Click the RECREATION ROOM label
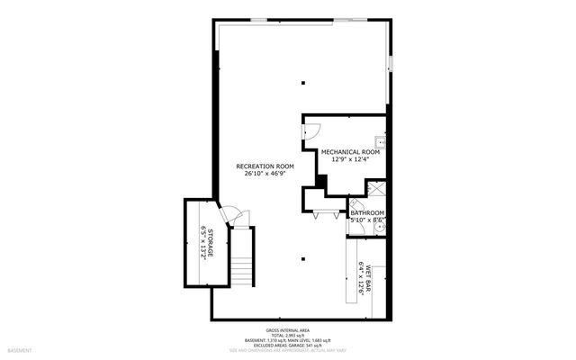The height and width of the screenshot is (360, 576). point(265,166)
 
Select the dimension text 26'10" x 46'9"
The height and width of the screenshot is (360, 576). point(265,175)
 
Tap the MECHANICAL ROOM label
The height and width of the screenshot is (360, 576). point(350,152)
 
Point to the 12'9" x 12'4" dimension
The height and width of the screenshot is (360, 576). point(350,160)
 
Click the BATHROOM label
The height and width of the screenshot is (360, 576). point(367,212)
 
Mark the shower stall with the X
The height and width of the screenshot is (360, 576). point(378,190)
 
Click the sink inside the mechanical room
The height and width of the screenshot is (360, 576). point(382,142)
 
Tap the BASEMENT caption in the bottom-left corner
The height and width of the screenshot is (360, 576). point(19,350)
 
